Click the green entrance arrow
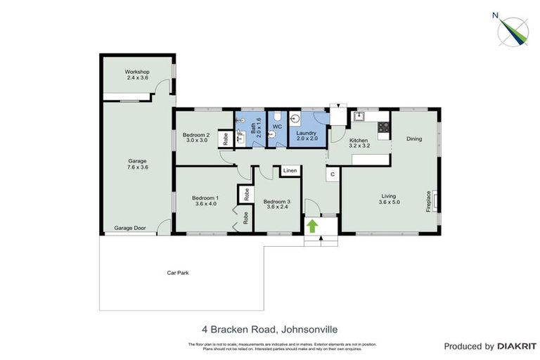(x=311, y=226)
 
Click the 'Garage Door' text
(x=130, y=229)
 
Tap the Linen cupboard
(x=289, y=171)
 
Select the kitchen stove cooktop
(x=384, y=128)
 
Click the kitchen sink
(x=359, y=117)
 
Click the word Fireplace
(x=427, y=200)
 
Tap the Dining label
(x=414, y=139)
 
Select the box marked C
(x=332, y=173)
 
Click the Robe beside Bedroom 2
(x=225, y=139)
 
